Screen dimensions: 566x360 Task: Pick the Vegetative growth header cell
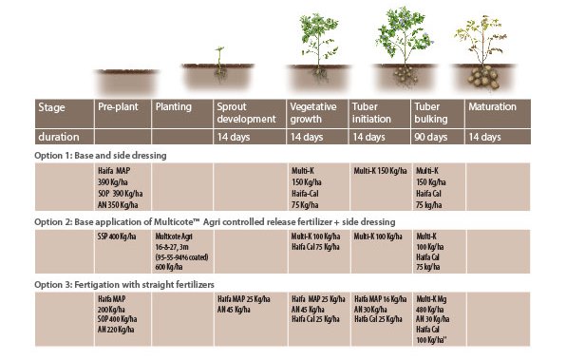tap(316, 113)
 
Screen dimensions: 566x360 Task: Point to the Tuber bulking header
tap(432, 113)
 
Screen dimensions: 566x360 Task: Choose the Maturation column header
tap(494, 107)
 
